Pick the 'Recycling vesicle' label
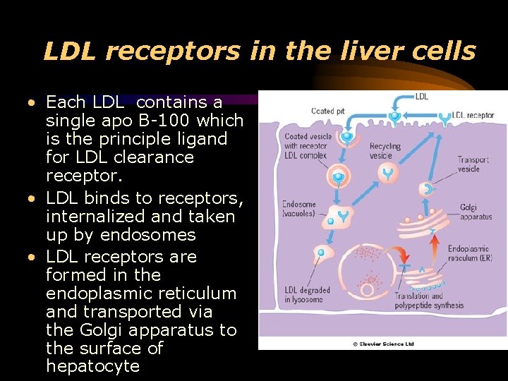(385, 151)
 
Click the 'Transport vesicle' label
(473, 164)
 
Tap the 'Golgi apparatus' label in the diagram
(476, 211)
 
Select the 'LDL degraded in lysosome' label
(308, 295)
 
